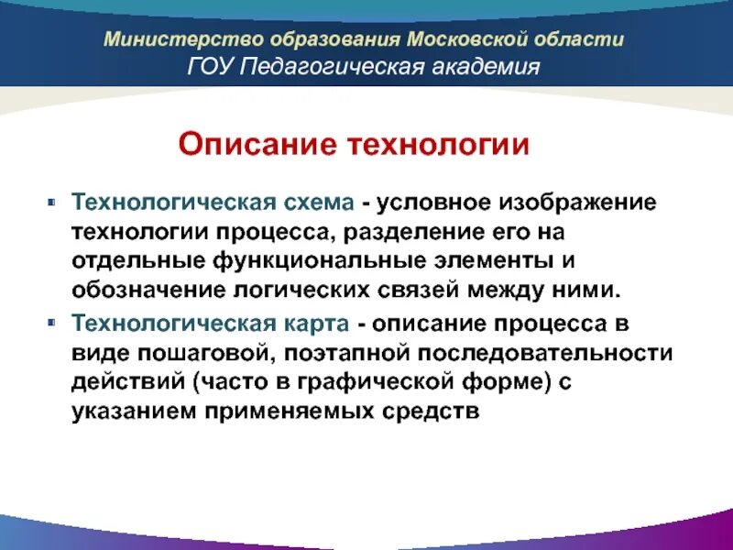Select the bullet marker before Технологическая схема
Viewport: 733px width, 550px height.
click(x=53, y=200)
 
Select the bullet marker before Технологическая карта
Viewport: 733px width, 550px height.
click(x=53, y=323)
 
